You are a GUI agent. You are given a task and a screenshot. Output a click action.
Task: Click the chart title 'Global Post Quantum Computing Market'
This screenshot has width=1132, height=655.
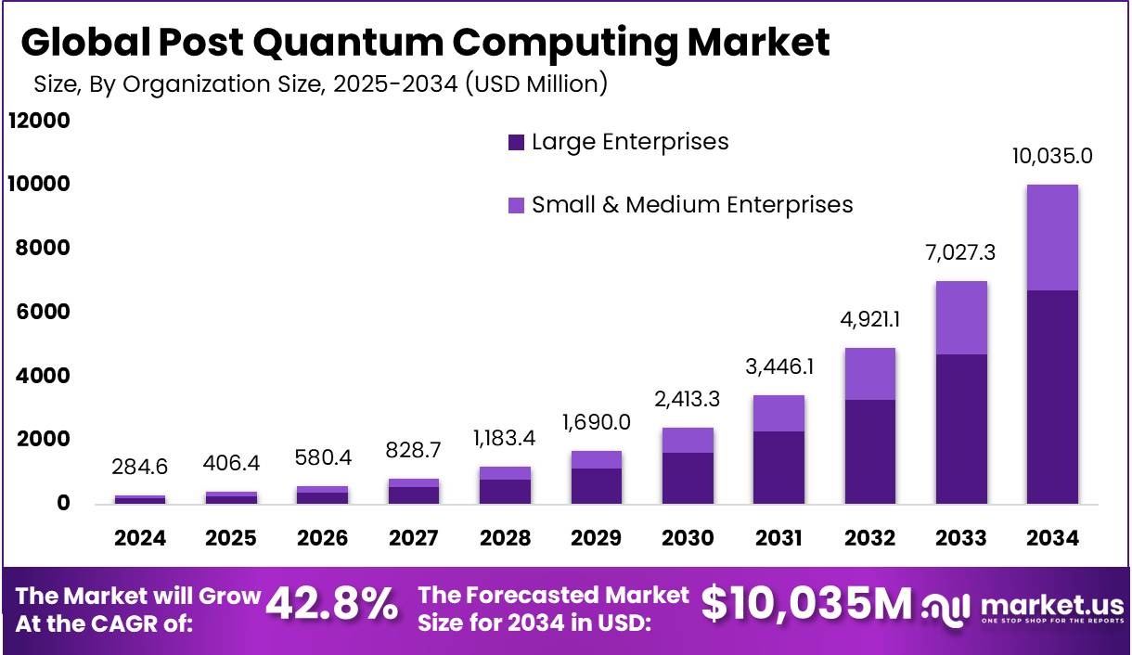[x=425, y=43]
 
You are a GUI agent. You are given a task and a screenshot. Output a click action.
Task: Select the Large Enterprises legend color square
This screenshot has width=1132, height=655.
[x=516, y=143]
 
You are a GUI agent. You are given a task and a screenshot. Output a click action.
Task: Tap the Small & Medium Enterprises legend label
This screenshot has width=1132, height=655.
[x=691, y=205]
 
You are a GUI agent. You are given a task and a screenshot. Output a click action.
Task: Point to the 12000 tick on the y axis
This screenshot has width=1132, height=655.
[x=39, y=121]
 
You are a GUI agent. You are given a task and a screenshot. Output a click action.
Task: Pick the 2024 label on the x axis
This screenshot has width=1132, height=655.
[x=140, y=538]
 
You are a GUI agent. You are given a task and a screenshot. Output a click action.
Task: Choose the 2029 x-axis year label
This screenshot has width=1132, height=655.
[x=597, y=538]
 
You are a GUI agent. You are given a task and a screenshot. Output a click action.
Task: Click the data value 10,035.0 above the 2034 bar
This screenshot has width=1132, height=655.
[x=1052, y=156]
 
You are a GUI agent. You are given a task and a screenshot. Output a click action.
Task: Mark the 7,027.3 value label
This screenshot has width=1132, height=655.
[x=960, y=252]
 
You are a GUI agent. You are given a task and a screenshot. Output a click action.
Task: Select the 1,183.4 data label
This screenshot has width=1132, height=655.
[x=505, y=436]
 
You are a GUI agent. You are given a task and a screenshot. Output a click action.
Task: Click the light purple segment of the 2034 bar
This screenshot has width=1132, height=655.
[x=1052, y=238]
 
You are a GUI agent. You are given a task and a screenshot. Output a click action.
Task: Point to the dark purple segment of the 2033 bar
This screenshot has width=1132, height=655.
[x=960, y=429]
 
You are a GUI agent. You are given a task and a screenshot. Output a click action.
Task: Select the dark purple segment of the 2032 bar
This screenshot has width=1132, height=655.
[x=869, y=452]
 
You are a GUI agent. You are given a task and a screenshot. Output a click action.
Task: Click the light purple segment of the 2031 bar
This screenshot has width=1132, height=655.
[x=778, y=414]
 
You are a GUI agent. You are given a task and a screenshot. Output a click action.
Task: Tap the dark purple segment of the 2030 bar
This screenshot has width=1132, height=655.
[x=688, y=478]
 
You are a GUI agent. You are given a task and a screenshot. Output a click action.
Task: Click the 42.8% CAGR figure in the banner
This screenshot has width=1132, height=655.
[x=332, y=605]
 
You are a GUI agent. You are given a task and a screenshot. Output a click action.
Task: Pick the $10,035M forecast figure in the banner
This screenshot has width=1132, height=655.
[x=806, y=605]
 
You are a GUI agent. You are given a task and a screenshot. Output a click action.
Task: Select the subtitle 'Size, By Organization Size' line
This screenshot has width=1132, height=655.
[x=320, y=84]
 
